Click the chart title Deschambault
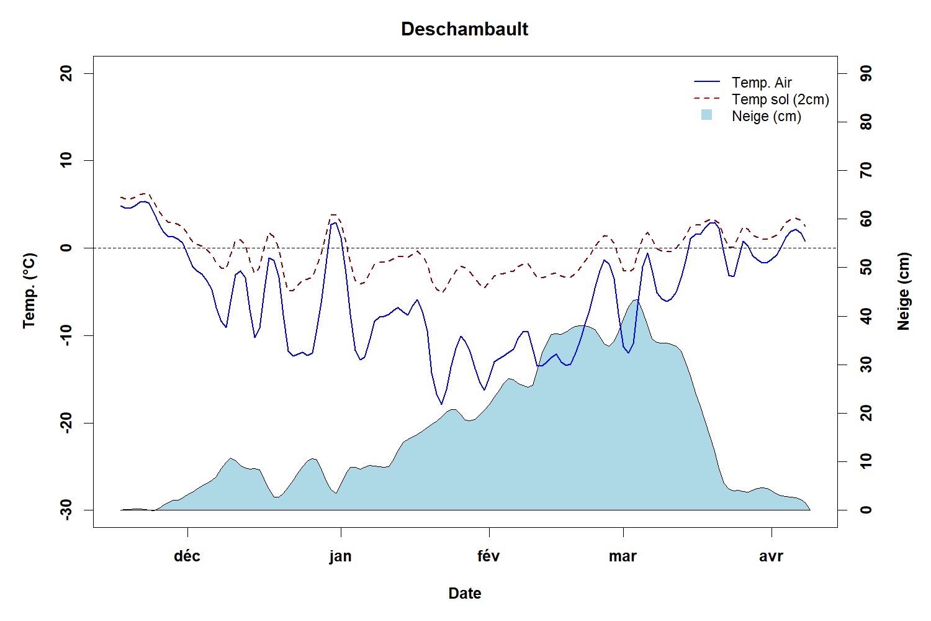pyautogui.click(x=464, y=29)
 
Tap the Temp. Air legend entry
pyautogui.click(x=762, y=83)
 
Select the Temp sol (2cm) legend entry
pyautogui.click(x=780, y=99)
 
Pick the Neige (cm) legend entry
pyautogui.click(x=767, y=116)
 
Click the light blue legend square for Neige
pyautogui.click(x=706, y=115)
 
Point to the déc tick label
pyautogui.click(x=187, y=556)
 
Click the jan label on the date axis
pyautogui.click(x=340, y=556)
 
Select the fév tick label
pyautogui.click(x=488, y=556)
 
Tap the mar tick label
pyautogui.click(x=623, y=556)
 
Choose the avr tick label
pyautogui.click(x=771, y=556)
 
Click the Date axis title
pyautogui.click(x=464, y=594)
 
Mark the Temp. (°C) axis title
pyautogui.click(x=29, y=291)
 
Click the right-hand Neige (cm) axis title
pyautogui.click(x=903, y=291)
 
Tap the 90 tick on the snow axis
pyautogui.click(x=866, y=74)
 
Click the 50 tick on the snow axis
pyautogui.click(x=866, y=268)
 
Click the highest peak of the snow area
pyautogui.click(x=636, y=300)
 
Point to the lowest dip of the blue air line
pyautogui.click(x=442, y=404)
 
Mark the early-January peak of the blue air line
pyautogui.click(x=335, y=222)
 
